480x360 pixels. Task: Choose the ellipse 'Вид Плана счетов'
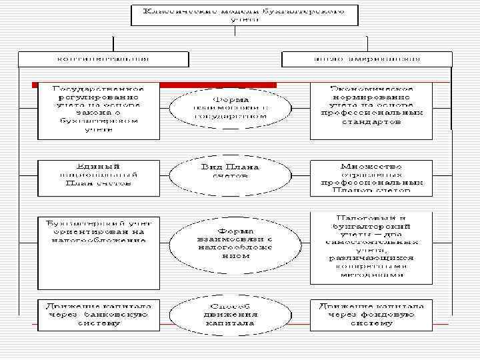point(231,171)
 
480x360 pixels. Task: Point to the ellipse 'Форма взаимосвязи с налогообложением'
point(231,241)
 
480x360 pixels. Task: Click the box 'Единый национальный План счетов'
point(98,176)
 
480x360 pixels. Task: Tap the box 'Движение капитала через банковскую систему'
point(98,315)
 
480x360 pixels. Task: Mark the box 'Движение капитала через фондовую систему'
point(371,315)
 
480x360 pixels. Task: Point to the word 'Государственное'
point(98,89)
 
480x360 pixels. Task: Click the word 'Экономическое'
point(372,89)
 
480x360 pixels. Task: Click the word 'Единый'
point(98,166)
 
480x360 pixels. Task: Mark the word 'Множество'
point(372,166)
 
